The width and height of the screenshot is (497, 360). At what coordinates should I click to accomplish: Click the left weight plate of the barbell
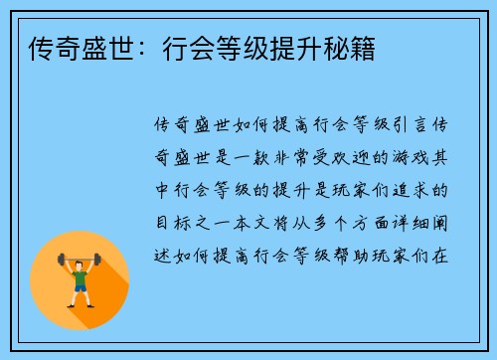61,260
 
